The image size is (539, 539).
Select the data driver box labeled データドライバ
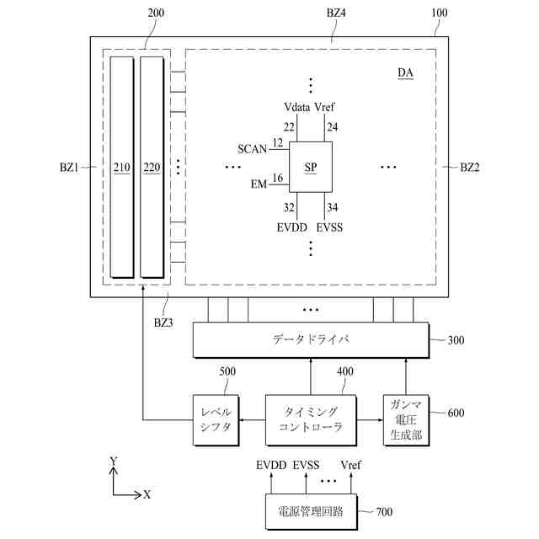pyautogui.click(x=311, y=339)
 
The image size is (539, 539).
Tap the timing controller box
pyautogui.click(x=311, y=419)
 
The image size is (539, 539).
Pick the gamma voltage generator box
pyautogui.click(x=406, y=419)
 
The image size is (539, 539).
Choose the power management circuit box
pyautogui.click(x=311, y=511)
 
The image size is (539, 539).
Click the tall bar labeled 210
pyautogui.click(x=121, y=168)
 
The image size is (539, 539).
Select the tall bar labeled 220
pyautogui.click(x=152, y=168)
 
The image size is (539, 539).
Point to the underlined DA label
pyautogui.click(x=405, y=73)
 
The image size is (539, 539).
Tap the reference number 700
pyautogui.click(x=383, y=512)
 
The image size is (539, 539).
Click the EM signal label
pyautogui.click(x=259, y=184)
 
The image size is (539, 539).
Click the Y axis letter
pyautogui.click(x=114, y=461)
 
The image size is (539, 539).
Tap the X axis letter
pyautogui.click(x=147, y=494)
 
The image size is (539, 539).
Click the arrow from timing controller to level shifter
pyautogui.click(x=248, y=419)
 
